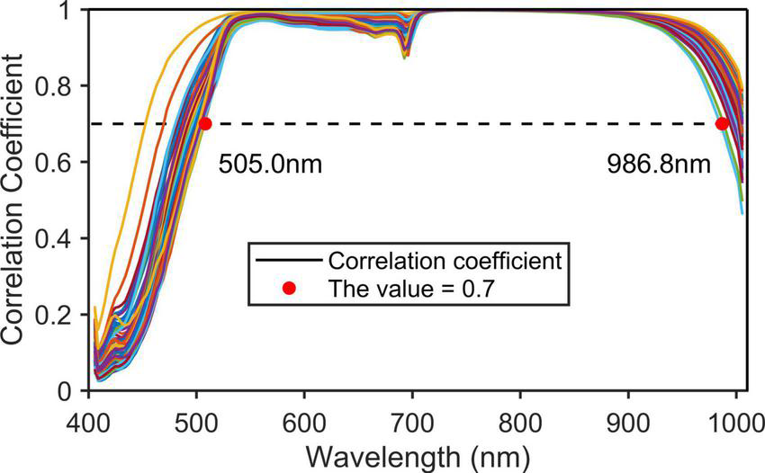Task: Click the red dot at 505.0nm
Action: click(x=205, y=124)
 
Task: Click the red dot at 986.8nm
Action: click(x=722, y=124)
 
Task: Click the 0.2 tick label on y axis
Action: click(x=61, y=315)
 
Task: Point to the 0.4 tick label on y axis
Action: click(x=61, y=238)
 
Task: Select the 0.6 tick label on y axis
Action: click(x=61, y=162)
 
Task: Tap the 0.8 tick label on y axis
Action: click(x=61, y=86)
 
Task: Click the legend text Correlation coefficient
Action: click(x=445, y=261)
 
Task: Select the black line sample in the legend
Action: click(x=288, y=261)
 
